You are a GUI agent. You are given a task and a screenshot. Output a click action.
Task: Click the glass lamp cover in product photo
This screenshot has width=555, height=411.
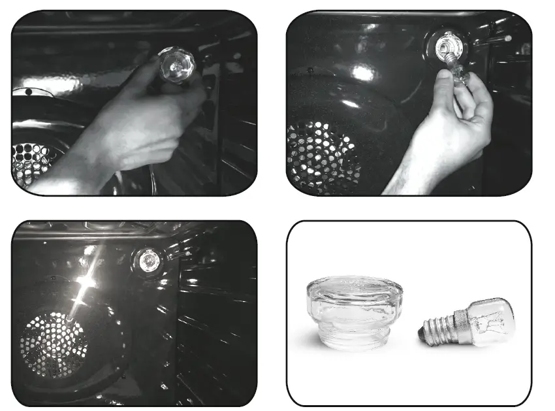(x=349, y=312)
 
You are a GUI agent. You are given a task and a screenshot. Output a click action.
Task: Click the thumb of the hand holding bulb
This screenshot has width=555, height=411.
(x=443, y=82)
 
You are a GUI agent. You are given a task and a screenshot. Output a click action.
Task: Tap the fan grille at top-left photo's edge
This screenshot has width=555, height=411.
(x=29, y=163)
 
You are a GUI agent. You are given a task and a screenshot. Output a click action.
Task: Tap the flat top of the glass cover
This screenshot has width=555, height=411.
(x=349, y=288)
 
